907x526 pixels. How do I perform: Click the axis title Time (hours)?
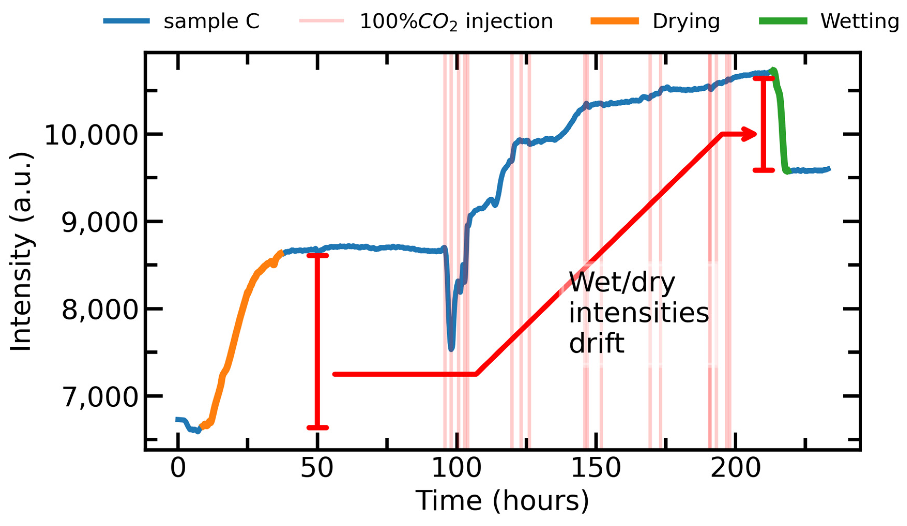[502, 501]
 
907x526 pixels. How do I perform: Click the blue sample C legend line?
[126, 21]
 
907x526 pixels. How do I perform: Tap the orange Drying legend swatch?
[614, 21]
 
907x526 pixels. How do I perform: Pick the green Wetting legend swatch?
[783, 21]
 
